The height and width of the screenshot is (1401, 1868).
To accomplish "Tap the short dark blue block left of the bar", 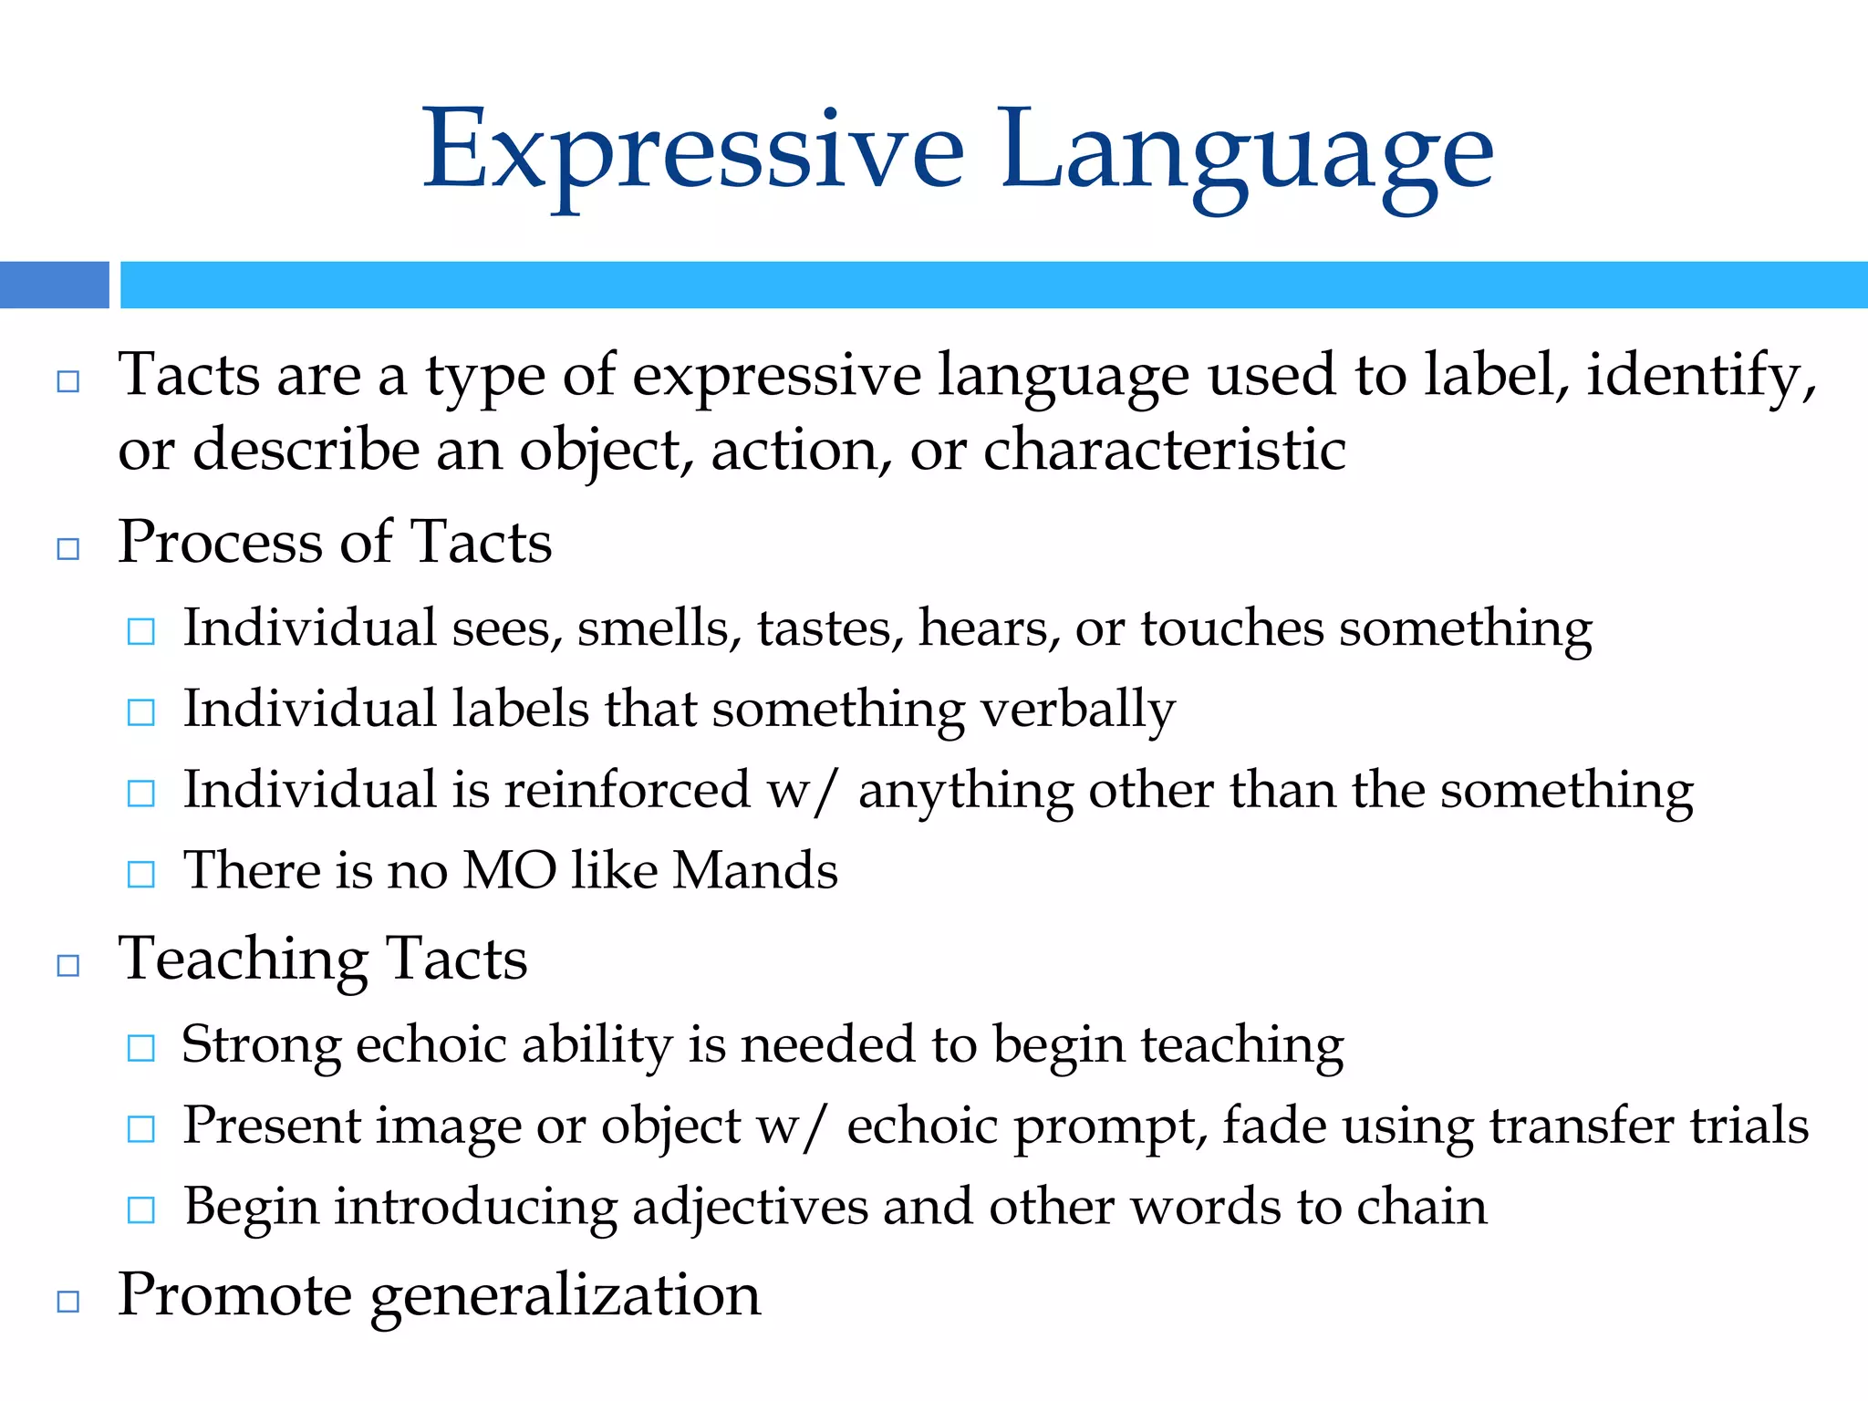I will (x=54, y=285).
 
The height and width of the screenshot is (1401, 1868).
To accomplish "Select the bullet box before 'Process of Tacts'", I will (x=68, y=548).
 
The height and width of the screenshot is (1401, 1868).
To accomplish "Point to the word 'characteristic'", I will (x=1164, y=451).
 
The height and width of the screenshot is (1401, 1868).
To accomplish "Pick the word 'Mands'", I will (x=754, y=870).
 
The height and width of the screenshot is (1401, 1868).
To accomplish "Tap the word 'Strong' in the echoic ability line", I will (x=261, y=1045).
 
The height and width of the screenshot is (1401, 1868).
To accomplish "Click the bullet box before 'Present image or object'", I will (x=141, y=1129).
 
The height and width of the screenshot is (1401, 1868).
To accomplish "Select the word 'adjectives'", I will (x=750, y=1207).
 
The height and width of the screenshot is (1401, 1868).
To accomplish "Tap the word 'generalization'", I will (x=566, y=1296).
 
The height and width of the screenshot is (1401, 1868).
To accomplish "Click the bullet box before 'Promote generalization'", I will (x=68, y=1302).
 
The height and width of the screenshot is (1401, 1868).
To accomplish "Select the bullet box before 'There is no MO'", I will (x=141, y=874).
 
